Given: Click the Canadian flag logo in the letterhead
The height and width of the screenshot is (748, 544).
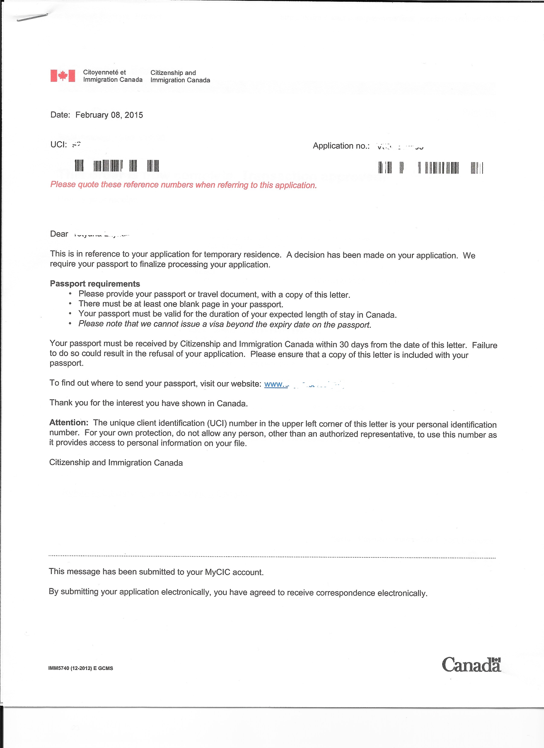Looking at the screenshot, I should click(63, 76).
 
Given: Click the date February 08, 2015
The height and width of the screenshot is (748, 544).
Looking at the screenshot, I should click(109, 115).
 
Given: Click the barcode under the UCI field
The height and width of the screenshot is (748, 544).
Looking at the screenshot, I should click(117, 165).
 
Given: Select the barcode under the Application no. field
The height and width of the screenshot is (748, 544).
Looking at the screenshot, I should click(431, 168).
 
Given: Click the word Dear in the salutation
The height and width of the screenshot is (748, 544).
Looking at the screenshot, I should click(59, 234).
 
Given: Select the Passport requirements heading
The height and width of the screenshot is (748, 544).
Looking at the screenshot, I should click(95, 284).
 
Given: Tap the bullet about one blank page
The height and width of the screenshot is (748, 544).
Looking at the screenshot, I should click(181, 304).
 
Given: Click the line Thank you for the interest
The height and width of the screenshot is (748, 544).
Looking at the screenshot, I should click(148, 403).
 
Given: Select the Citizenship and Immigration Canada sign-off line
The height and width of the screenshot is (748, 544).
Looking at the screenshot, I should click(116, 462).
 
